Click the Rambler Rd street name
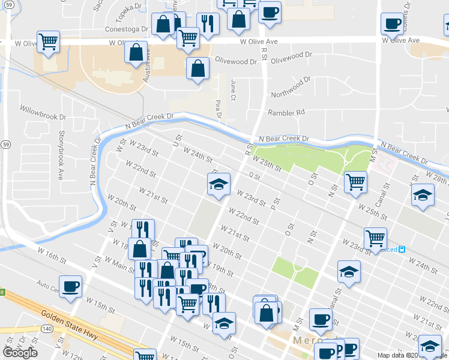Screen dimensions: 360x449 (x=286, y=112)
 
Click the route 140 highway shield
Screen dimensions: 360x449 (x=47, y=328)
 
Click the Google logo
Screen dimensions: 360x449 (x=20, y=352)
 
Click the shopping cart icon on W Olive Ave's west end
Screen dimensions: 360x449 (x=48, y=42)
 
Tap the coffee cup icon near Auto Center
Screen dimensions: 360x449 (x=70, y=286)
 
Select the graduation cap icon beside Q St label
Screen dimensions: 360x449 (x=218, y=184)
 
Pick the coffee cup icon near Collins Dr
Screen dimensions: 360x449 (x=391, y=24)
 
